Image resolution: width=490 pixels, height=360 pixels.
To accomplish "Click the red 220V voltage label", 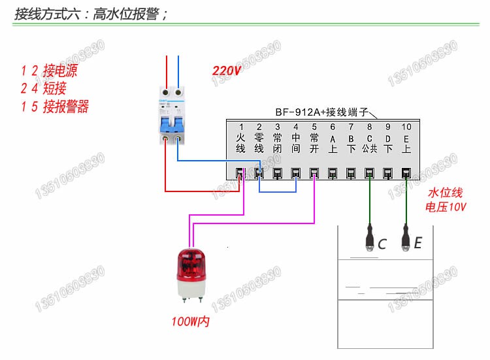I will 227,71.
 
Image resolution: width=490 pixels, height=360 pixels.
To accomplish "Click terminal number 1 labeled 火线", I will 240,126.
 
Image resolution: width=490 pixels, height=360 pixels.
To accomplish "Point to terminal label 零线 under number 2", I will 259,143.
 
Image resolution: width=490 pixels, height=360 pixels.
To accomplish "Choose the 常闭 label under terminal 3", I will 277,143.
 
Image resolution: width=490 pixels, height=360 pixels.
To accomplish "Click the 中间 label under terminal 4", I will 295,143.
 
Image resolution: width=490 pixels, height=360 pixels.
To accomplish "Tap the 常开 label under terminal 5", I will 314,143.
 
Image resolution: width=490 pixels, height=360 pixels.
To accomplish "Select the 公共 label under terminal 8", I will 370,148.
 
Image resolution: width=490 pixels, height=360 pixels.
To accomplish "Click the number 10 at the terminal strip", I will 406,126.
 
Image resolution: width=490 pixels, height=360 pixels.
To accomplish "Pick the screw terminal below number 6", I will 333,173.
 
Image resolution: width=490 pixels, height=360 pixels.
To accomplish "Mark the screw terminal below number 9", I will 387,173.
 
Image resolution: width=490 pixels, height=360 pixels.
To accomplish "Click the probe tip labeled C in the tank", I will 370,242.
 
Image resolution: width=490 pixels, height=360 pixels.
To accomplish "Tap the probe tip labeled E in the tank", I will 406,242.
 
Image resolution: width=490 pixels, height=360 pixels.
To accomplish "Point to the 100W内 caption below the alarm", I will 191,322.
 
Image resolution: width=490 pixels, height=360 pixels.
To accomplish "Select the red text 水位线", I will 445,193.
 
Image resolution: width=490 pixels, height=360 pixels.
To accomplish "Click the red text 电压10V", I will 446,207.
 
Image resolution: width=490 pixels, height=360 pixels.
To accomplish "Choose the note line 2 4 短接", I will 44,88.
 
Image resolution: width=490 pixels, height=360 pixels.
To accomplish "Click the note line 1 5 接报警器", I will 55,106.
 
